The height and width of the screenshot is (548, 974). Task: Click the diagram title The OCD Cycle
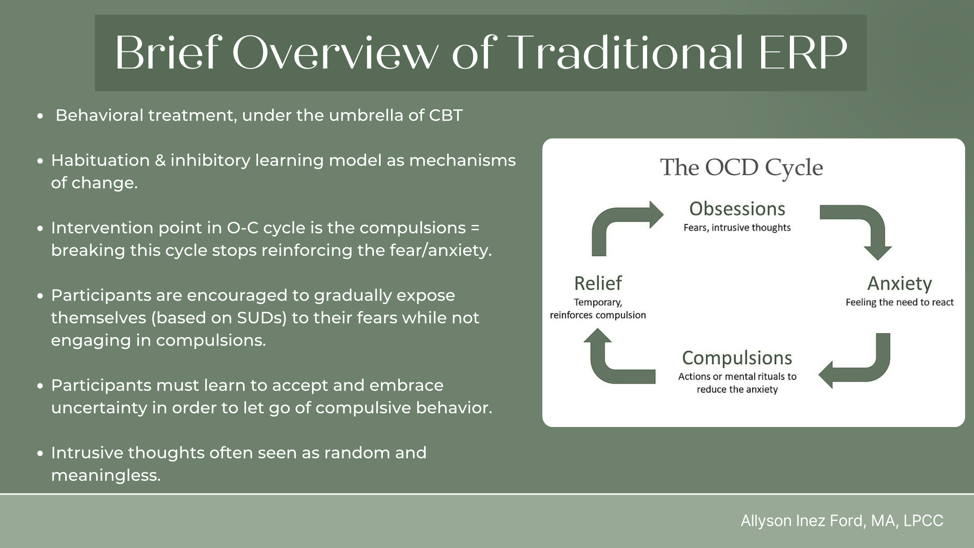pos(741,168)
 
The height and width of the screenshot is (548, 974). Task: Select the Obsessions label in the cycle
pos(737,209)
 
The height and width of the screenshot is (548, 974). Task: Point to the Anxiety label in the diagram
pos(899,284)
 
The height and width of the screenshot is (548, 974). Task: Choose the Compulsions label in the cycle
pos(737,358)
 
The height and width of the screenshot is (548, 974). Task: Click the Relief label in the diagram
pos(598,284)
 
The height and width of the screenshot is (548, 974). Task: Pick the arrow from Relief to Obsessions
pos(619,227)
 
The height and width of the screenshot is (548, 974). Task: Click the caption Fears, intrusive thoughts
pos(737,228)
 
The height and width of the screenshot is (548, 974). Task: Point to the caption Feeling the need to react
pos(899,302)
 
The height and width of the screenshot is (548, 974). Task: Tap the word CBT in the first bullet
pos(446,116)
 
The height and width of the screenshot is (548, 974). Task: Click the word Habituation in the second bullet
pos(100,161)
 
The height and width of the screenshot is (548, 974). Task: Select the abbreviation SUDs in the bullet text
pos(261,318)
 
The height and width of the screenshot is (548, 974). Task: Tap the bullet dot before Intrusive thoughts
pos(40,454)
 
